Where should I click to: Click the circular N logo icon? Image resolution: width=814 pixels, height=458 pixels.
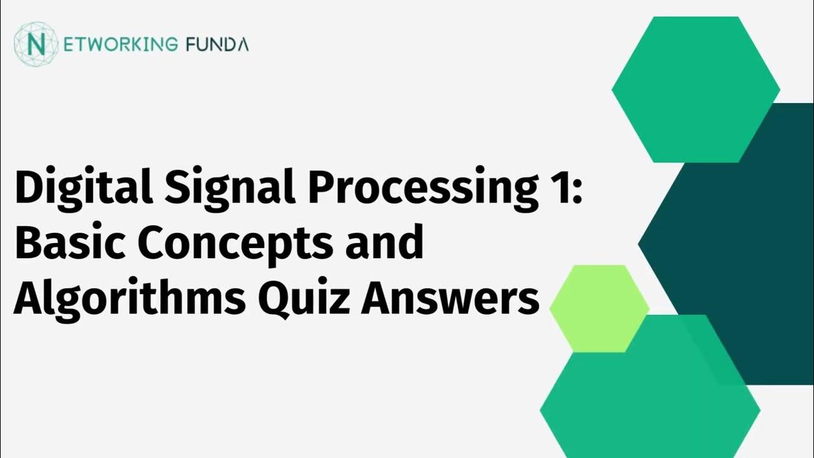[36, 44]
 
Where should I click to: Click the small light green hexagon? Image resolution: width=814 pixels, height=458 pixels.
[598, 309]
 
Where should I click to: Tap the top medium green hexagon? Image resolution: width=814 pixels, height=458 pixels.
[695, 89]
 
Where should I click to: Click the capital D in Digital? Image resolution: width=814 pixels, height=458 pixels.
[27, 189]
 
